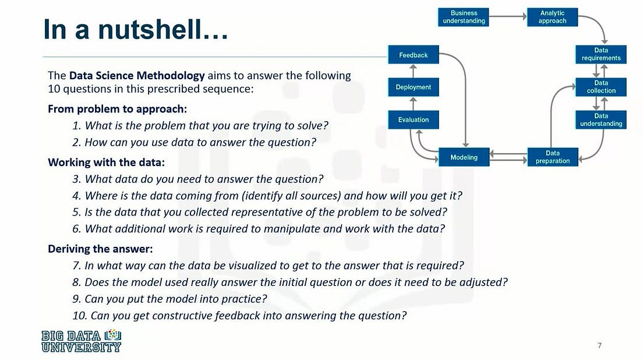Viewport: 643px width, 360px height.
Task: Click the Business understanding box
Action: coord(464,17)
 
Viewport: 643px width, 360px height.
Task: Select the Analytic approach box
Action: coord(552,17)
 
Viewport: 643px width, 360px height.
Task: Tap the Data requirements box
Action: coord(601,54)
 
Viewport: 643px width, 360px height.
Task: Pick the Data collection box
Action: coord(601,87)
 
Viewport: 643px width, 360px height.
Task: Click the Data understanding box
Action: coord(601,119)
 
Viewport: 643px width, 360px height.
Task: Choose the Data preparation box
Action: coord(553,157)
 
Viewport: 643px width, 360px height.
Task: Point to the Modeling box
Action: coord(464,157)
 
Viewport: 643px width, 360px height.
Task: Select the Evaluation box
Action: coord(414,119)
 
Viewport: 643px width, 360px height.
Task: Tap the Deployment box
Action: coord(414,87)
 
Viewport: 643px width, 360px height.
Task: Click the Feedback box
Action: coord(414,55)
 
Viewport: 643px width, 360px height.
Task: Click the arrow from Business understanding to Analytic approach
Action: coord(507,17)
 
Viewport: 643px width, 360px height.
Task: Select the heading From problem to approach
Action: coord(121,109)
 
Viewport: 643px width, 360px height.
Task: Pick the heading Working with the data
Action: coord(106,161)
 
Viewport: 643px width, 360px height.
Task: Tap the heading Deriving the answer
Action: coord(100,249)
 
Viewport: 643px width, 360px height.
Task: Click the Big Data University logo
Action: coord(82,341)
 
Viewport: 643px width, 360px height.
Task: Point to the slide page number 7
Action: coord(599,345)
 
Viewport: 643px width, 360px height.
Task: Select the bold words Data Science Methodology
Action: coord(137,75)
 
